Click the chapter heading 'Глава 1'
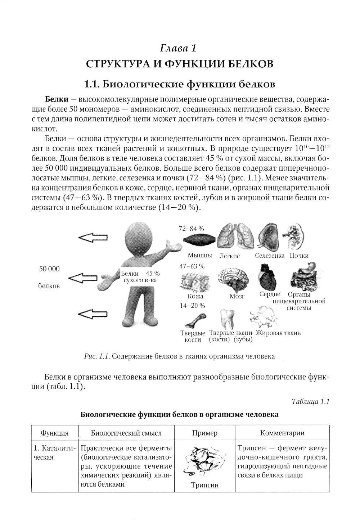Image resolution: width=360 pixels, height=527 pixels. (x=179, y=48)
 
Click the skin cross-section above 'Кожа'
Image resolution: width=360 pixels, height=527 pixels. (x=194, y=281)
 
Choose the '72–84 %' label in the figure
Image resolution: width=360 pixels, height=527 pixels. (x=192, y=228)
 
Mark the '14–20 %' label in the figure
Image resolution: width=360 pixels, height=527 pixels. (x=193, y=306)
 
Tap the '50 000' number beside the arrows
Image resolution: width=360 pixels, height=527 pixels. (x=49, y=269)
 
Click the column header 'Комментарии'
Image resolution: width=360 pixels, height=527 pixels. (x=282, y=433)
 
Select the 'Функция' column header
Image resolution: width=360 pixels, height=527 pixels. (x=54, y=433)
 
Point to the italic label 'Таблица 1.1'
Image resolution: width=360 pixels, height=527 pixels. (x=311, y=402)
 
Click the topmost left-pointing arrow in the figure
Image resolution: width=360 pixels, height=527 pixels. (x=93, y=237)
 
